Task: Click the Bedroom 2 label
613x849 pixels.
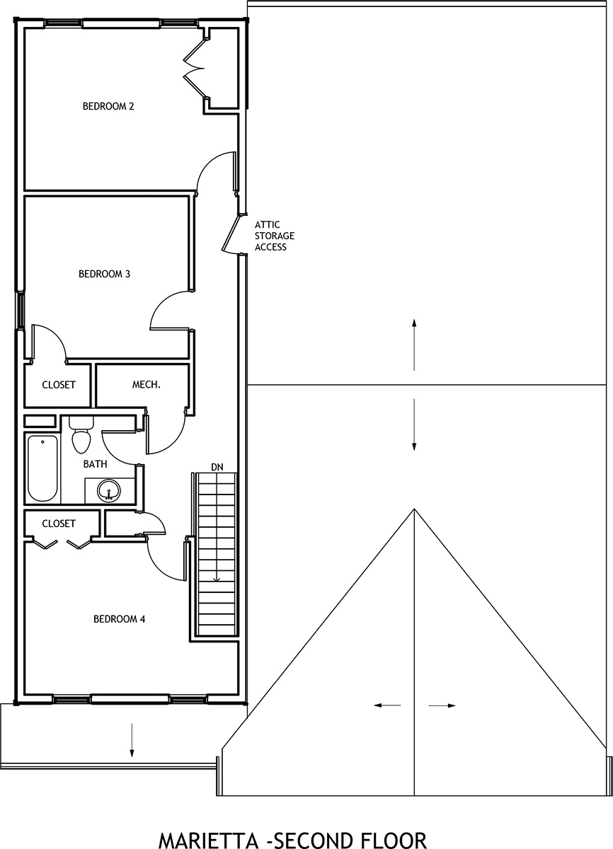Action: tap(108, 106)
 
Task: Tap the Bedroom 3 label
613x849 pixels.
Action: tap(104, 274)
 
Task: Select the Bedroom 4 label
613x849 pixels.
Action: tap(120, 619)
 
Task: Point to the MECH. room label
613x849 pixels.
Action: tap(147, 385)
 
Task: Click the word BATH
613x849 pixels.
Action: tap(95, 464)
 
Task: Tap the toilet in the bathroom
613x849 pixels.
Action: tap(81, 434)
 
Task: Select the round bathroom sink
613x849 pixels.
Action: tap(109, 491)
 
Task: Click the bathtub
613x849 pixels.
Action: tap(42, 468)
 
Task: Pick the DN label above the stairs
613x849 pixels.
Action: tap(217, 468)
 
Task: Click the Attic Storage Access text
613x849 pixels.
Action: tap(275, 236)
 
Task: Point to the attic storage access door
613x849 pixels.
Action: tap(231, 234)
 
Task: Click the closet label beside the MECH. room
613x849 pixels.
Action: tap(59, 385)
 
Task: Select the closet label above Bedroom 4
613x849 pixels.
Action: tap(59, 524)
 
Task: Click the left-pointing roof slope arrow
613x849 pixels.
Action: tap(387, 705)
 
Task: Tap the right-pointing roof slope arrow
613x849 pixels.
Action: tap(442, 706)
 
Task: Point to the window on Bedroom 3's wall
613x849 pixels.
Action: tap(20, 310)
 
